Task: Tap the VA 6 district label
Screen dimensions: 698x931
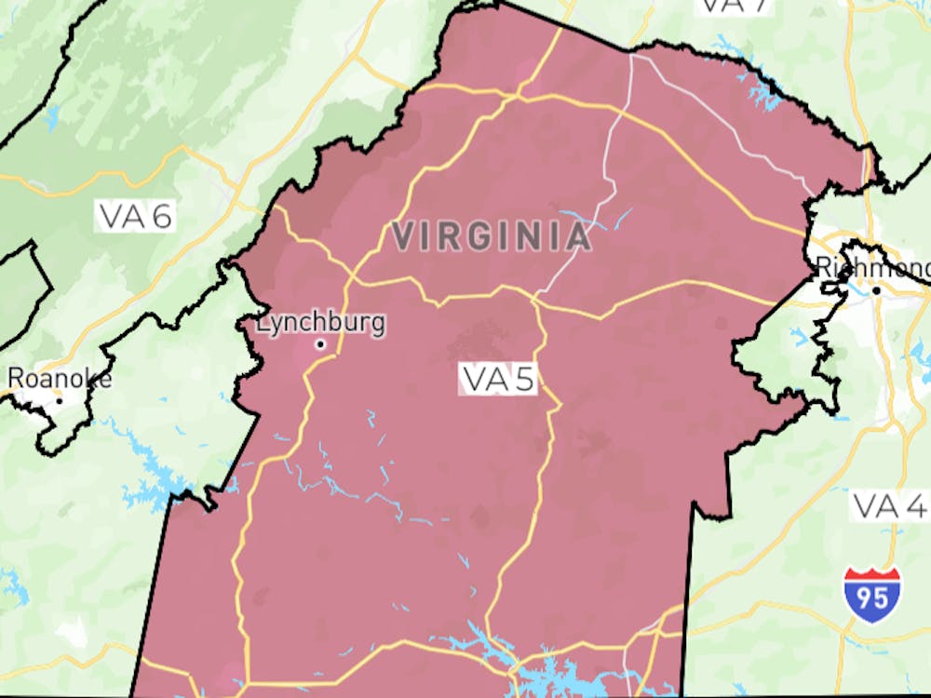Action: click(136, 217)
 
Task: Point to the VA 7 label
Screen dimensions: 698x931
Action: click(734, 5)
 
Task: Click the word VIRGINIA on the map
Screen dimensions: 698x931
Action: click(491, 236)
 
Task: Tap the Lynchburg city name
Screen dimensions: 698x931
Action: click(320, 324)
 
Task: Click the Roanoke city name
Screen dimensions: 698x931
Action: click(60, 379)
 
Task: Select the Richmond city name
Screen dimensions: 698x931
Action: click(872, 267)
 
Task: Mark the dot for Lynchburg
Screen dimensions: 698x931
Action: click(320, 344)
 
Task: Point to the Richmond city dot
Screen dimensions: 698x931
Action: click(876, 290)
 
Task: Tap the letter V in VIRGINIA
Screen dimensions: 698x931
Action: click(402, 236)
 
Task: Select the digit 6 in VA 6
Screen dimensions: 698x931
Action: click(161, 217)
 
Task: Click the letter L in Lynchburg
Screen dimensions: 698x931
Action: click(263, 324)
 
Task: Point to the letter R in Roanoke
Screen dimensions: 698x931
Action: click(16, 379)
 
